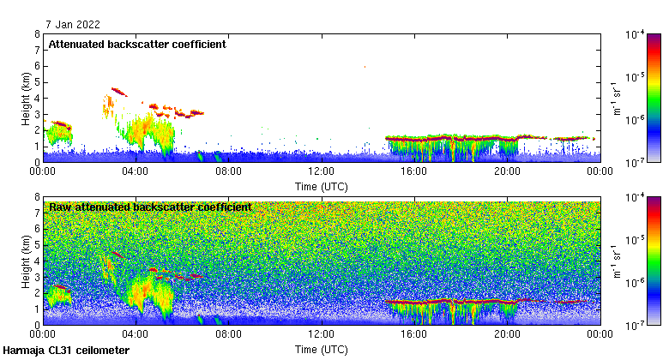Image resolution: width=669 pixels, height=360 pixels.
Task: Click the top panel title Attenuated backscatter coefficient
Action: point(137,45)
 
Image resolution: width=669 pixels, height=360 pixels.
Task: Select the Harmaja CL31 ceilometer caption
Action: point(66,351)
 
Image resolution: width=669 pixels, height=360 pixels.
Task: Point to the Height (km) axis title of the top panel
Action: point(27,98)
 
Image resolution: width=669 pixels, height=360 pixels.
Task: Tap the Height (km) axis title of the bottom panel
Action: point(27,261)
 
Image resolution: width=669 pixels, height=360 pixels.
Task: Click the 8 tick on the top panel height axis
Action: point(37,34)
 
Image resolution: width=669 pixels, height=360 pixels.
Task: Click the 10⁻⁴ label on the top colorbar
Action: point(636,35)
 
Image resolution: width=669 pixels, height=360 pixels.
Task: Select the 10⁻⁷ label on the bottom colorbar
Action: point(636,325)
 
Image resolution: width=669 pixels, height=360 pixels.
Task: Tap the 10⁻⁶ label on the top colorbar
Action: point(636,119)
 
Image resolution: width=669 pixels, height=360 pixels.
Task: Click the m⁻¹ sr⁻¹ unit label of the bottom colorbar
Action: point(616,261)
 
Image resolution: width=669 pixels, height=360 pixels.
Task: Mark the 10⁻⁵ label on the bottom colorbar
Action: point(636,240)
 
